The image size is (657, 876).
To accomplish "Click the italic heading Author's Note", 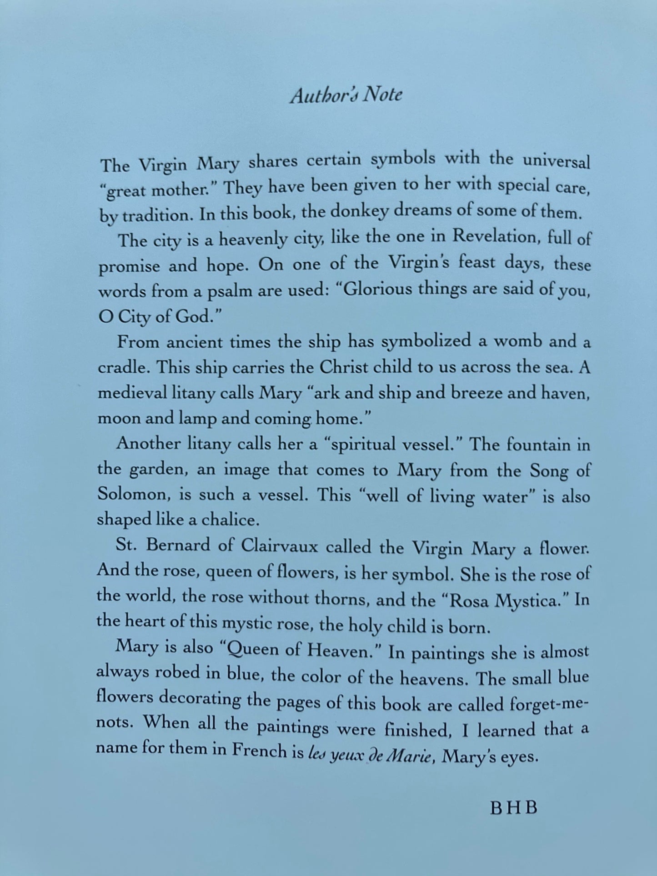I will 346,95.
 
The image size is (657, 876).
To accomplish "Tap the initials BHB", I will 514,808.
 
